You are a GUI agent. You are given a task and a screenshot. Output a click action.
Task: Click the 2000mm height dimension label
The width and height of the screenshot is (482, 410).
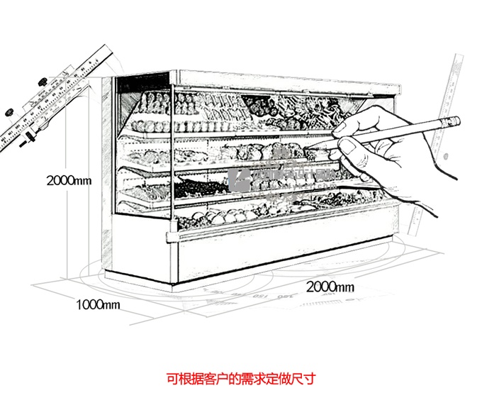69,179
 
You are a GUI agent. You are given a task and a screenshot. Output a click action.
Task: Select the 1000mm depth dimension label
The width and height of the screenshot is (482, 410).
98,305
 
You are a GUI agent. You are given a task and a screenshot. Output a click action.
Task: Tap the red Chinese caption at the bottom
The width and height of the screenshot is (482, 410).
241,379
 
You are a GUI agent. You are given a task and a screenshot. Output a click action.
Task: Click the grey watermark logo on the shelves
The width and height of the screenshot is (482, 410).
245,179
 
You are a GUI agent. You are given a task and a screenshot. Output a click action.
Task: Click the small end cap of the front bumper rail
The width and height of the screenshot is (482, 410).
169,236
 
